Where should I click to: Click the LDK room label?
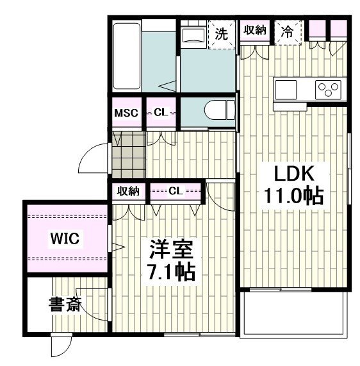[x=294, y=174]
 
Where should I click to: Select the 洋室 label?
[x=172, y=249]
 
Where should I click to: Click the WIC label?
[x=65, y=238]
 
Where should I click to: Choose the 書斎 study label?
[x=65, y=304]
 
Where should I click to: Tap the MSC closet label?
[x=126, y=113]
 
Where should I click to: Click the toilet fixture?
[x=219, y=110]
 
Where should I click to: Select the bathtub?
[x=127, y=56]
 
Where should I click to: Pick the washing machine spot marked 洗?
[x=222, y=34]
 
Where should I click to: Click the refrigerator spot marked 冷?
[x=288, y=32]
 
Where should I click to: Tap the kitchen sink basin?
[x=286, y=90]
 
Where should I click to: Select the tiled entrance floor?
[x=129, y=154]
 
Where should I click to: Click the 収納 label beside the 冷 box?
[x=255, y=30]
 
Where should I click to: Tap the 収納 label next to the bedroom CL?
[x=128, y=192]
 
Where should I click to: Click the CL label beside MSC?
[x=161, y=113]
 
